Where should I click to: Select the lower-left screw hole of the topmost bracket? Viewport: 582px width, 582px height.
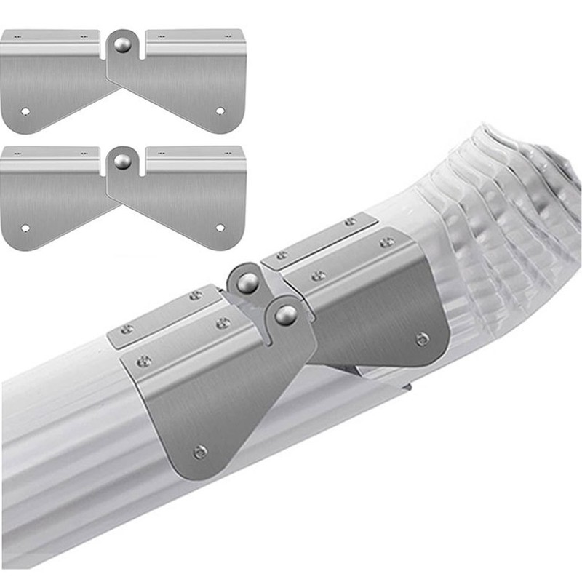click(26, 111)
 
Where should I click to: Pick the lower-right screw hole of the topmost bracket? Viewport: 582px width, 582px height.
click(220, 111)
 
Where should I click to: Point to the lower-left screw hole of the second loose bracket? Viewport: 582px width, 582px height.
click(26, 228)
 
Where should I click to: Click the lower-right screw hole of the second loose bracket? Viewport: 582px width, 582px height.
click(220, 228)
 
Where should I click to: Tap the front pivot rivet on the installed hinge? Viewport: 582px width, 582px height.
click(286, 314)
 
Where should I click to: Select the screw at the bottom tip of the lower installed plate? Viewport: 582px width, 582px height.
click(199, 452)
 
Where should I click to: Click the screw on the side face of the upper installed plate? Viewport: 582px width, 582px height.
click(422, 338)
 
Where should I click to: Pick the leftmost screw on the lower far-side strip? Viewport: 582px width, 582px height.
click(127, 330)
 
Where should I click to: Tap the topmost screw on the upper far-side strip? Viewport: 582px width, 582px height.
click(351, 221)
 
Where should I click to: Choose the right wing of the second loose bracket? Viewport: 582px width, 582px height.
click(189, 204)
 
